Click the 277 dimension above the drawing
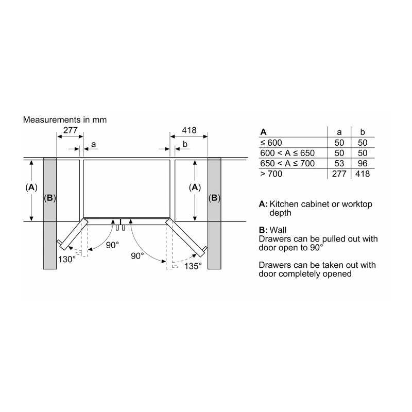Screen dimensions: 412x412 [71, 130]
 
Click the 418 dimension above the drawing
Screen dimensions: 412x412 [189, 130]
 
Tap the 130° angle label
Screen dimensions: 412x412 [67, 260]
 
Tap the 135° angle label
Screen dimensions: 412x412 [193, 266]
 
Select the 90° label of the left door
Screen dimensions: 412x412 [112, 245]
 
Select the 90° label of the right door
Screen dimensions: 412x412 [138, 256]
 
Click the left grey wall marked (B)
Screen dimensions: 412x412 [50, 213]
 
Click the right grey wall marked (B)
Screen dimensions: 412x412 [214, 213]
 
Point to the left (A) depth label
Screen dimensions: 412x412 [31, 187]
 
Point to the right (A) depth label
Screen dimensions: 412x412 [195, 187]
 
